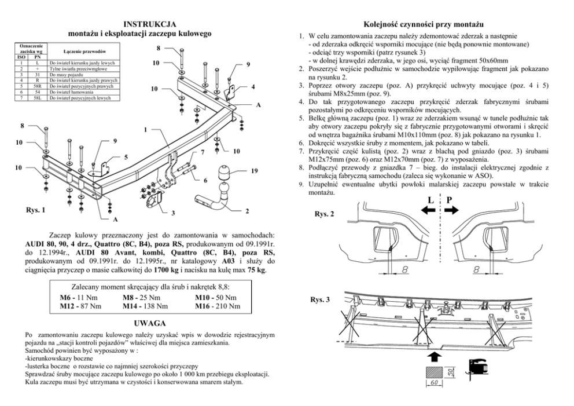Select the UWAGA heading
point(150,322)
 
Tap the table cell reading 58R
point(36,85)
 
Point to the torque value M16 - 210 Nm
point(218,306)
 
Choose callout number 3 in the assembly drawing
point(173,214)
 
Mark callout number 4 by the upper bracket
point(253,87)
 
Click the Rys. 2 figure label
point(324,214)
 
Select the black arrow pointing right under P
point(460,212)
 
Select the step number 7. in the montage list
point(301,151)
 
